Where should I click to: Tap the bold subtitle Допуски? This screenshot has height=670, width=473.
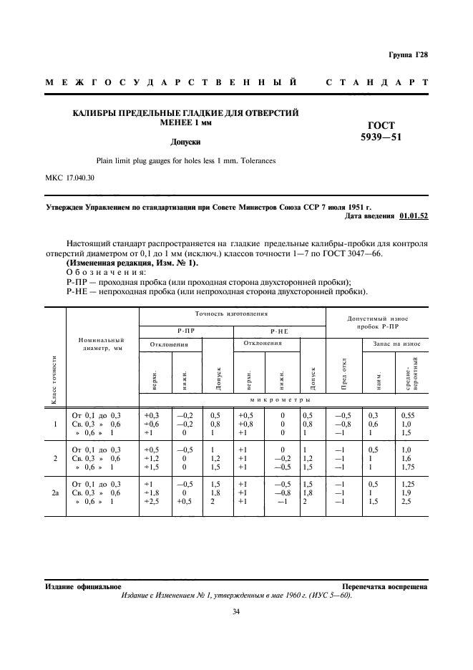185,142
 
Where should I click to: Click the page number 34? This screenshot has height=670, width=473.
235,611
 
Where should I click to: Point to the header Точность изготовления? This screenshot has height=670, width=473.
231,314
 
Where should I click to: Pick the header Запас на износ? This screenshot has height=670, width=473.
396,344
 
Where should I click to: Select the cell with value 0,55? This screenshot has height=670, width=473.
408,415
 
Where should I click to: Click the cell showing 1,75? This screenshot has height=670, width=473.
409,467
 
